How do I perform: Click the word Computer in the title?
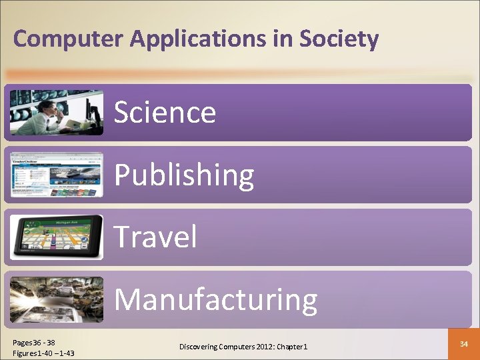click(x=69, y=39)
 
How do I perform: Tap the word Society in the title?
click(x=339, y=39)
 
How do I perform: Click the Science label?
click(x=165, y=112)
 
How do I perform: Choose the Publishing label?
click(x=184, y=175)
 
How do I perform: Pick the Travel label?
click(x=155, y=237)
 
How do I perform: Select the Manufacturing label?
click(x=215, y=299)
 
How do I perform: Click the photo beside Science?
click(x=57, y=112)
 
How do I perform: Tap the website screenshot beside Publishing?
click(x=57, y=174)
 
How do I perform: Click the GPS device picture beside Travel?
click(x=57, y=237)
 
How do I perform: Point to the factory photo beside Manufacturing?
click(x=57, y=299)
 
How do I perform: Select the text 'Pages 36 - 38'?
click(x=34, y=342)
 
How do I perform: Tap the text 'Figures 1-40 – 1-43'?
click(x=43, y=353)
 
